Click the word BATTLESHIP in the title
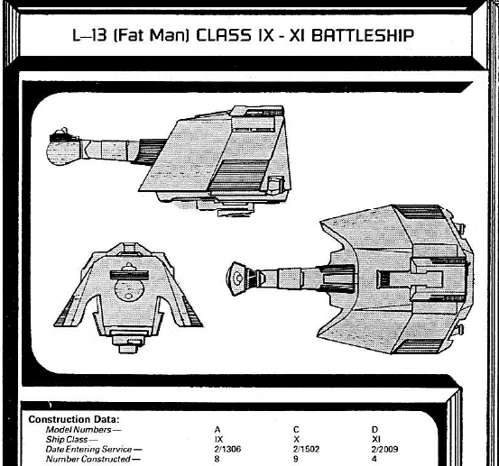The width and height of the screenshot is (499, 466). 363,35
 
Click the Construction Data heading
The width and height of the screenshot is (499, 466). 74,419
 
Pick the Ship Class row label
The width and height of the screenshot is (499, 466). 71,440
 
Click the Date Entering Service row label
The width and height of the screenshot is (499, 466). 94,450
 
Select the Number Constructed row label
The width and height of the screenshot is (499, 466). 93,460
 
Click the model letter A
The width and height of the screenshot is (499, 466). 217,430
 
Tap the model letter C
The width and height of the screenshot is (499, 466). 296,430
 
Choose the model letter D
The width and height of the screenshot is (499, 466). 374,430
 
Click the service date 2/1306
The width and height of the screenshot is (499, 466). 227,449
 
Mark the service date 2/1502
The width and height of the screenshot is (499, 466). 306,449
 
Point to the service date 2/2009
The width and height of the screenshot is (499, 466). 384,449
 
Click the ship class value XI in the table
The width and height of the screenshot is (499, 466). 376,439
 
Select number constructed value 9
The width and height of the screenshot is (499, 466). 296,459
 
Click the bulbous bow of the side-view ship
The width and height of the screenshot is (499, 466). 63,151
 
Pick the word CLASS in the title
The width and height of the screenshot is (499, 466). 224,35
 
